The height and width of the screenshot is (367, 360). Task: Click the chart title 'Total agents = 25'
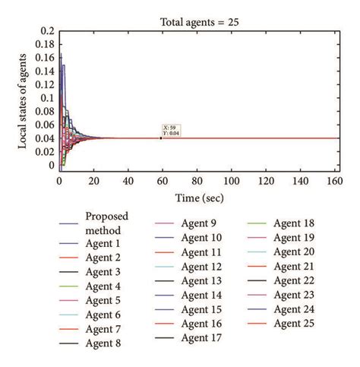pyautogui.click(x=201, y=23)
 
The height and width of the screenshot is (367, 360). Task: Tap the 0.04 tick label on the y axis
pyautogui.click(x=45, y=138)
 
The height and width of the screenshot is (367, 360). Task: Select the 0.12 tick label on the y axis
pyautogui.click(x=45, y=84)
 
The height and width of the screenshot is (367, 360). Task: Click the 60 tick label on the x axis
pyautogui.click(x=162, y=182)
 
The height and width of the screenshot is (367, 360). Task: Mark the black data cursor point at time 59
pyautogui.click(x=161, y=138)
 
